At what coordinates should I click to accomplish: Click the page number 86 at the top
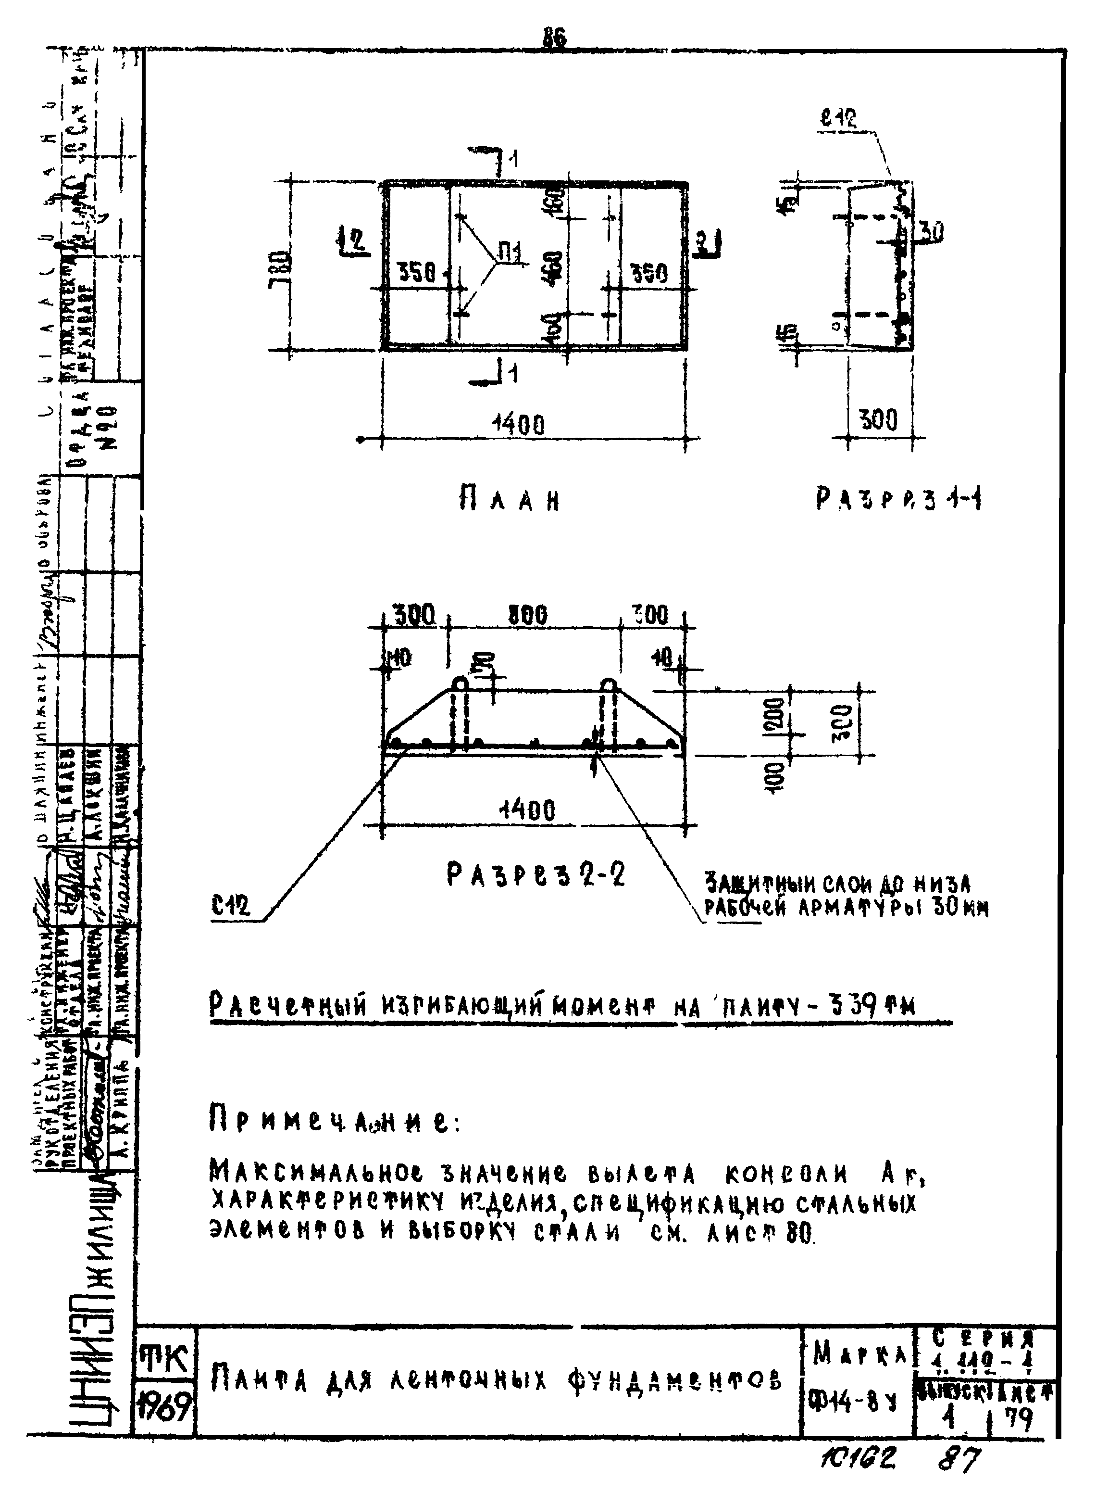tap(554, 39)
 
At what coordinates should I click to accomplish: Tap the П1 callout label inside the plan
tap(510, 253)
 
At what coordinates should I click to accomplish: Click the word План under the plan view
tap(509, 500)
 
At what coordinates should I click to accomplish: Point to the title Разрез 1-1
tap(899, 499)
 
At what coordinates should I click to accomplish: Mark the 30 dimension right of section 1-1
tap(930, 232)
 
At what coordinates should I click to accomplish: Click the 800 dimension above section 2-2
tap(528, 615)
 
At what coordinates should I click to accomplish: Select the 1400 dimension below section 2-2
tap(527, 810)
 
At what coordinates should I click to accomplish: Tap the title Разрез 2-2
tap(536, 876)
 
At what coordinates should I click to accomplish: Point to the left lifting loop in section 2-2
tap(459, 684)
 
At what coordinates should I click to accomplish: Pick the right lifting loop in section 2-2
tap(609, 684)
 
